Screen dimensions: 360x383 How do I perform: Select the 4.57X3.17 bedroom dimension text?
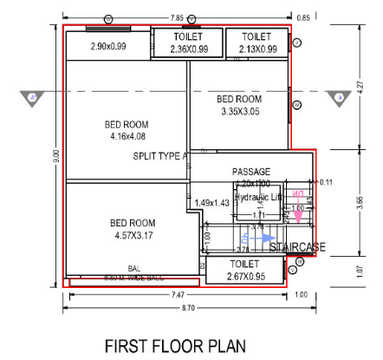(132, 233)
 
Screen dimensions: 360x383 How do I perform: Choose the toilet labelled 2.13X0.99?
(259, 43)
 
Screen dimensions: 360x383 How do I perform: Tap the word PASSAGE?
(251, 172)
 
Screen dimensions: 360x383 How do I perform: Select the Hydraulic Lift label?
(259, 197)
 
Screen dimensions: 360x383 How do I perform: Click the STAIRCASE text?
(297, 248)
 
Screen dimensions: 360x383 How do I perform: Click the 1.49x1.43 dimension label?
(211, 202)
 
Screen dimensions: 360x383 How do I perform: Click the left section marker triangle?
(33, 97)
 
